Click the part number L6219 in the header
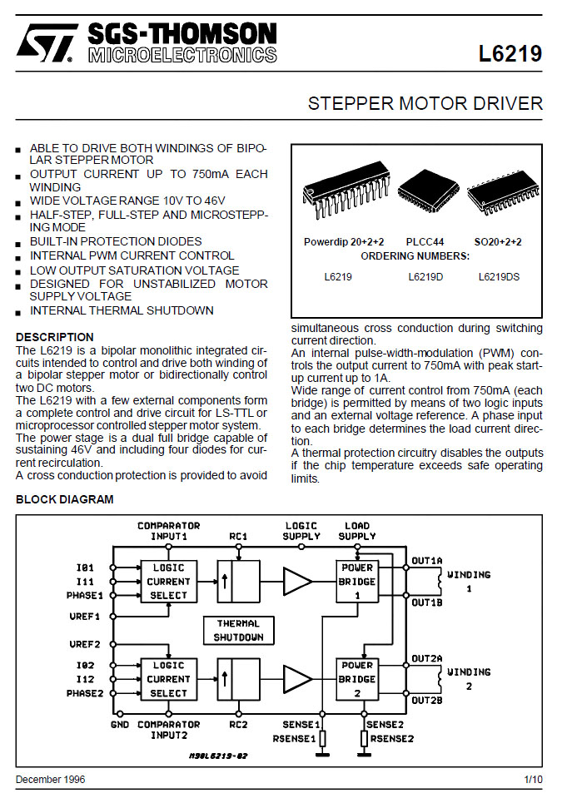click(510, 54)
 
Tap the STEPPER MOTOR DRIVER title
click(425, 104)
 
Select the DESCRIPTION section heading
click(55, 337)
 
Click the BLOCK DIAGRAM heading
click(65, 499)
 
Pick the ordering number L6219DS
click(499, 276)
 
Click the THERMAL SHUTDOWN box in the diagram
click(238, 630)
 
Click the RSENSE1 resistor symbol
click(323, 738)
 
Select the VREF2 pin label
click(84, 644)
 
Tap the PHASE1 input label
click(84, 596)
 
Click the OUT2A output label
click(426, 658)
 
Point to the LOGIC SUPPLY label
click(302, 531)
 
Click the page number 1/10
click(533, 780)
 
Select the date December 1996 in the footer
click(50, 780)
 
